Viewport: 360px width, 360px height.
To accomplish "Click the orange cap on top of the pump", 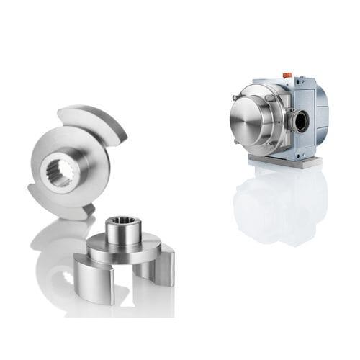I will (287, 75).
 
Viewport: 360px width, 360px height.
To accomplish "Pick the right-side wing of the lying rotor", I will (161, 266).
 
